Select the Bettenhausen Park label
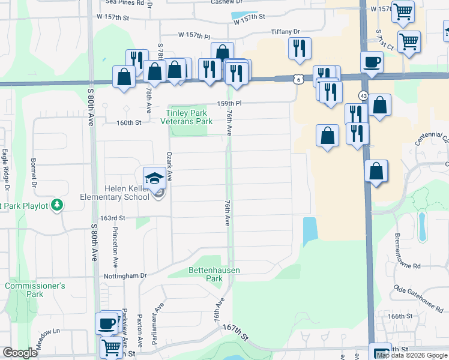tap(214, 274)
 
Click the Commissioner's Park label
tap(34, 290)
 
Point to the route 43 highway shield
tap(364, 95)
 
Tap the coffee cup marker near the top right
tap(372, 62)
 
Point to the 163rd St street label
tap(113, 218)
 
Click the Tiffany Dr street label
tap(285, 31)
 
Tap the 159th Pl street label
tap(229, 103)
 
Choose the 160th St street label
tap(128, 122)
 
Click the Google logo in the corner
tap(20, 353)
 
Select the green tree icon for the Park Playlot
tap(58, 205)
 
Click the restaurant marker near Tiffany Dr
tap(300, 48)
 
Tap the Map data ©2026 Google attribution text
tap(411, 355)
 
